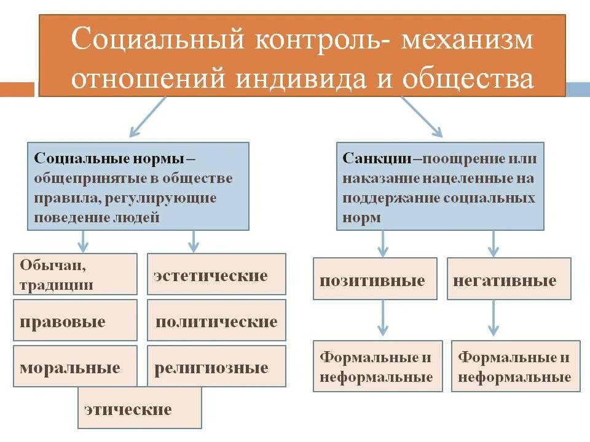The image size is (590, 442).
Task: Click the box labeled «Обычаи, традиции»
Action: click(x=75, y=274)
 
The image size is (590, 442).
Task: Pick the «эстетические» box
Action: click(x=216, y=274)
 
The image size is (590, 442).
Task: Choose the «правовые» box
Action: click(x=75, y=320)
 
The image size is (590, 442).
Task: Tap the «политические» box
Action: click(x=216, y=320)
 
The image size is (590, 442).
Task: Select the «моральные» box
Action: click(x=75, y=366)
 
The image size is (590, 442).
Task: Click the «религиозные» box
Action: click(x=216, y=366)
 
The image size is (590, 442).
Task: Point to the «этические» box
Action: click(x=140, y=408)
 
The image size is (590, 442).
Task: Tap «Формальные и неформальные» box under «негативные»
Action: click(x=516, y=366)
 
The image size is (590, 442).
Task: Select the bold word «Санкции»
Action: click(x=377, y=158)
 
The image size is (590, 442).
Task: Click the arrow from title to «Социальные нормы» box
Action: click(x=148, y=117)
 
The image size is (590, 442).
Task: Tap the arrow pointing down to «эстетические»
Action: click(x=194, y=242)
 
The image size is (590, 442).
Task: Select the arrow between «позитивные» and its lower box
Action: click(x=383, y=317)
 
